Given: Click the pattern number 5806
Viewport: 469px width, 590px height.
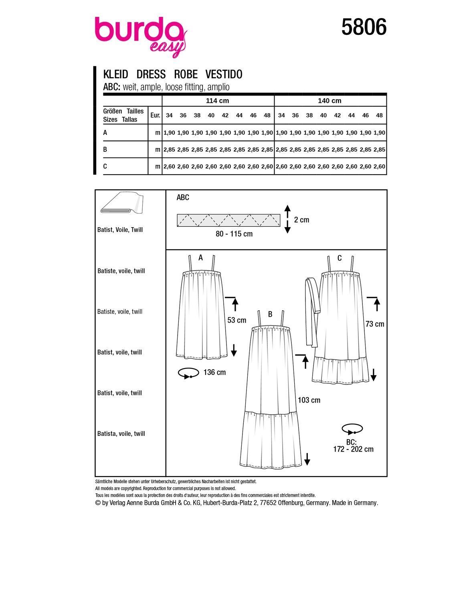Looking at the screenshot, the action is coord(364,27).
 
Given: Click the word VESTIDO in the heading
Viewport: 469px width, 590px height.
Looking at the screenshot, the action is coord(224,74).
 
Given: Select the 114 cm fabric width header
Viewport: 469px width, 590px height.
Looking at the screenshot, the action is coord(217,101).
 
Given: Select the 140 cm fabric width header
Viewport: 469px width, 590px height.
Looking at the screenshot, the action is coord(330,101).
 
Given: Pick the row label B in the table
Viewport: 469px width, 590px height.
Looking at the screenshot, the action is coord(105,149).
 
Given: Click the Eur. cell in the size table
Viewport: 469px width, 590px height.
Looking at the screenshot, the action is coord(155,115).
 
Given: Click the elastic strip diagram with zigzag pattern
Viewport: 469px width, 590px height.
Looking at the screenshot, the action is coord(228,220).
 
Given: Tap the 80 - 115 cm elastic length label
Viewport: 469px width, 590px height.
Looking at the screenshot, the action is coord(234,234).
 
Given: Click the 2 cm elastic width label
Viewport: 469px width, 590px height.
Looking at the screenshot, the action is coord(301,220).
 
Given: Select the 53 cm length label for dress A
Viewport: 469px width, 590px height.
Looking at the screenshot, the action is coord(237,320).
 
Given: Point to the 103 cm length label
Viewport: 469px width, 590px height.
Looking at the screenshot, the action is coord(309,400).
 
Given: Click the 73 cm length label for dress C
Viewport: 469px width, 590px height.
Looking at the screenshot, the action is coord(375,324).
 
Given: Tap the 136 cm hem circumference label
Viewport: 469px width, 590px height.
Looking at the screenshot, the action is coord(214,372).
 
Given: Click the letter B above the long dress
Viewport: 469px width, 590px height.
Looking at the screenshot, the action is coord(270,314).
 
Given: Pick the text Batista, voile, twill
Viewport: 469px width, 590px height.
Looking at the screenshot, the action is coord(121,433).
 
